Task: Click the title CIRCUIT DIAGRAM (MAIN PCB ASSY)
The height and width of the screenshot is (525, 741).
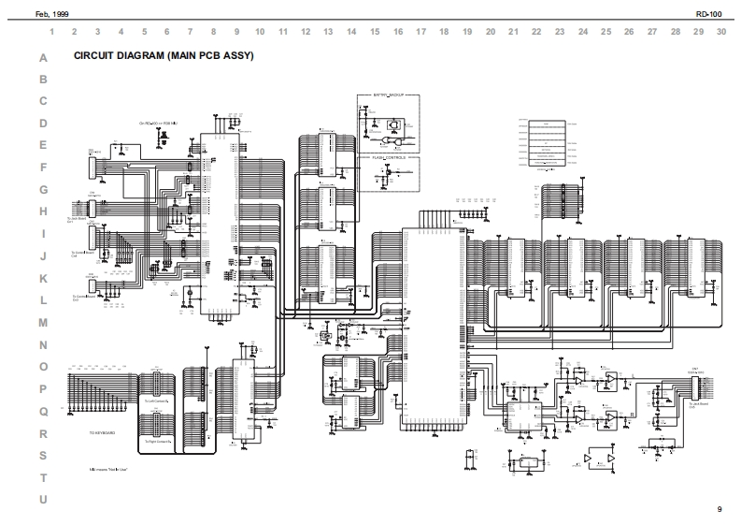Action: [164, 56]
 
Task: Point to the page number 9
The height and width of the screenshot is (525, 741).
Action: [719, 509]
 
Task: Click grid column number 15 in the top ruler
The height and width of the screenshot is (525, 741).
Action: [375, 31]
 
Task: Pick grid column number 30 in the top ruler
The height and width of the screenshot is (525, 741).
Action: [721, 31]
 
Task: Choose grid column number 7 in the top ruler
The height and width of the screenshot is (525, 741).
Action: [190, 31]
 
